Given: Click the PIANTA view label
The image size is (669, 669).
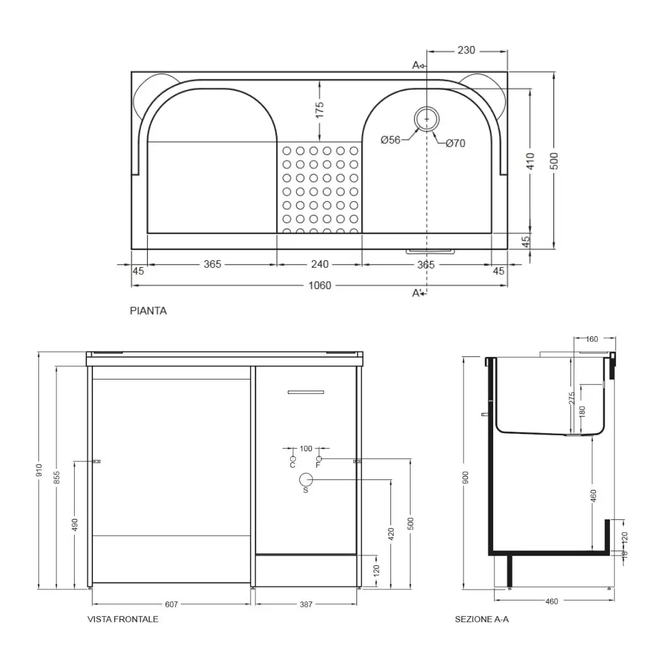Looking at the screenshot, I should pyautogui.click(x=148, y=311).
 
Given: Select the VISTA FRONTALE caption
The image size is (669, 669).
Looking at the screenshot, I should pyautogui.click(x=123, y=619).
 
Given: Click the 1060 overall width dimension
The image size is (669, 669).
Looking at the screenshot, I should pyautogui.click(x=320, y=285).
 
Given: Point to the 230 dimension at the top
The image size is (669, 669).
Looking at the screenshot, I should pyautogui.click(x=466, y=50).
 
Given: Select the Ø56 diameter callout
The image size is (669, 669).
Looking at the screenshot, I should pyautogui.click(x=390, y=140).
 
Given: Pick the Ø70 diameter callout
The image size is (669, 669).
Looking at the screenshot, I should pyautogui.click(x=455, y=144).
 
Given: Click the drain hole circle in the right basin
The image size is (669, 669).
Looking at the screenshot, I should pyautogui.click(x=426, y=119).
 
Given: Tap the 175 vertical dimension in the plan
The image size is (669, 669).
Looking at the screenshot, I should pyautogui.click(x=320, y=109).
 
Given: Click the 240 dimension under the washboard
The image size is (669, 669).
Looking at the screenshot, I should pyautogui.click(x=320, y=264).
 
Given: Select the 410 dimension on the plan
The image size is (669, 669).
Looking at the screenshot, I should pyautogui.click(x=530, y=161).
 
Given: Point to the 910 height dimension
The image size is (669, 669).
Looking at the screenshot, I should pyautogui.click(x=40, y=470).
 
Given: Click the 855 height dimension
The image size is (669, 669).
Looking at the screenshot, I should pyautogui.click(x=57, y=479).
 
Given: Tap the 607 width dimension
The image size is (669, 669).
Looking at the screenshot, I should pyautogui.click(x=171, y=605).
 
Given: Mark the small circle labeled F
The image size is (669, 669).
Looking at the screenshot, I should pyautogui.click(x=319, y=459).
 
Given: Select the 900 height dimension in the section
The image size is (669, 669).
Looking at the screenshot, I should pyautogui.click(x=466, y=479).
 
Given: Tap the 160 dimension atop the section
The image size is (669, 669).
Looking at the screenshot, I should pyautogui.click(x=592, y=339).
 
